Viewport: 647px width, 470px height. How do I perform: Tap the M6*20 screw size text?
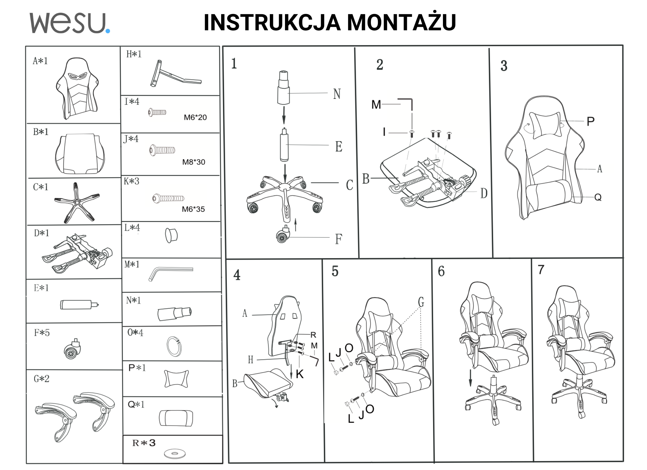coord(195,117)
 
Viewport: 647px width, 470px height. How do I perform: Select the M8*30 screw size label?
coord(194,162)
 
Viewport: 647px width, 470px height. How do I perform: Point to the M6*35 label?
coord(193,209)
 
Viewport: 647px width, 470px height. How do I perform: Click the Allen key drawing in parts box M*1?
coord(170,272)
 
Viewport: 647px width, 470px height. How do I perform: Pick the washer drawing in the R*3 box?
coord(175,454)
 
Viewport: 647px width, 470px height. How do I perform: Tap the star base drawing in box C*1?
coord(76,202)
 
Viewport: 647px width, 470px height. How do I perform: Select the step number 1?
coord(234,63)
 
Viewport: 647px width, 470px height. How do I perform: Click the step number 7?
coord(541,270)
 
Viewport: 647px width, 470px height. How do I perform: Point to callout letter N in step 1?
coord(337,94)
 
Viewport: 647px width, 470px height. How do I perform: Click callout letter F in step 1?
coord(338,239)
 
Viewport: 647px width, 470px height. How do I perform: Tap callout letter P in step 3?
coord(590,121)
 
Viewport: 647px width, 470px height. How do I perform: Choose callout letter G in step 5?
coord(421,302)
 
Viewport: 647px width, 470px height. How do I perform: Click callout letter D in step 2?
coord(484,193)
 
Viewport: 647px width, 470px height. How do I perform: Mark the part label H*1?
coord(134,54)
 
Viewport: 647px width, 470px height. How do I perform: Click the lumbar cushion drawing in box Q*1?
coord(176,418)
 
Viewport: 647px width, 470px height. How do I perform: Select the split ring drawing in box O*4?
coord(174,346)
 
